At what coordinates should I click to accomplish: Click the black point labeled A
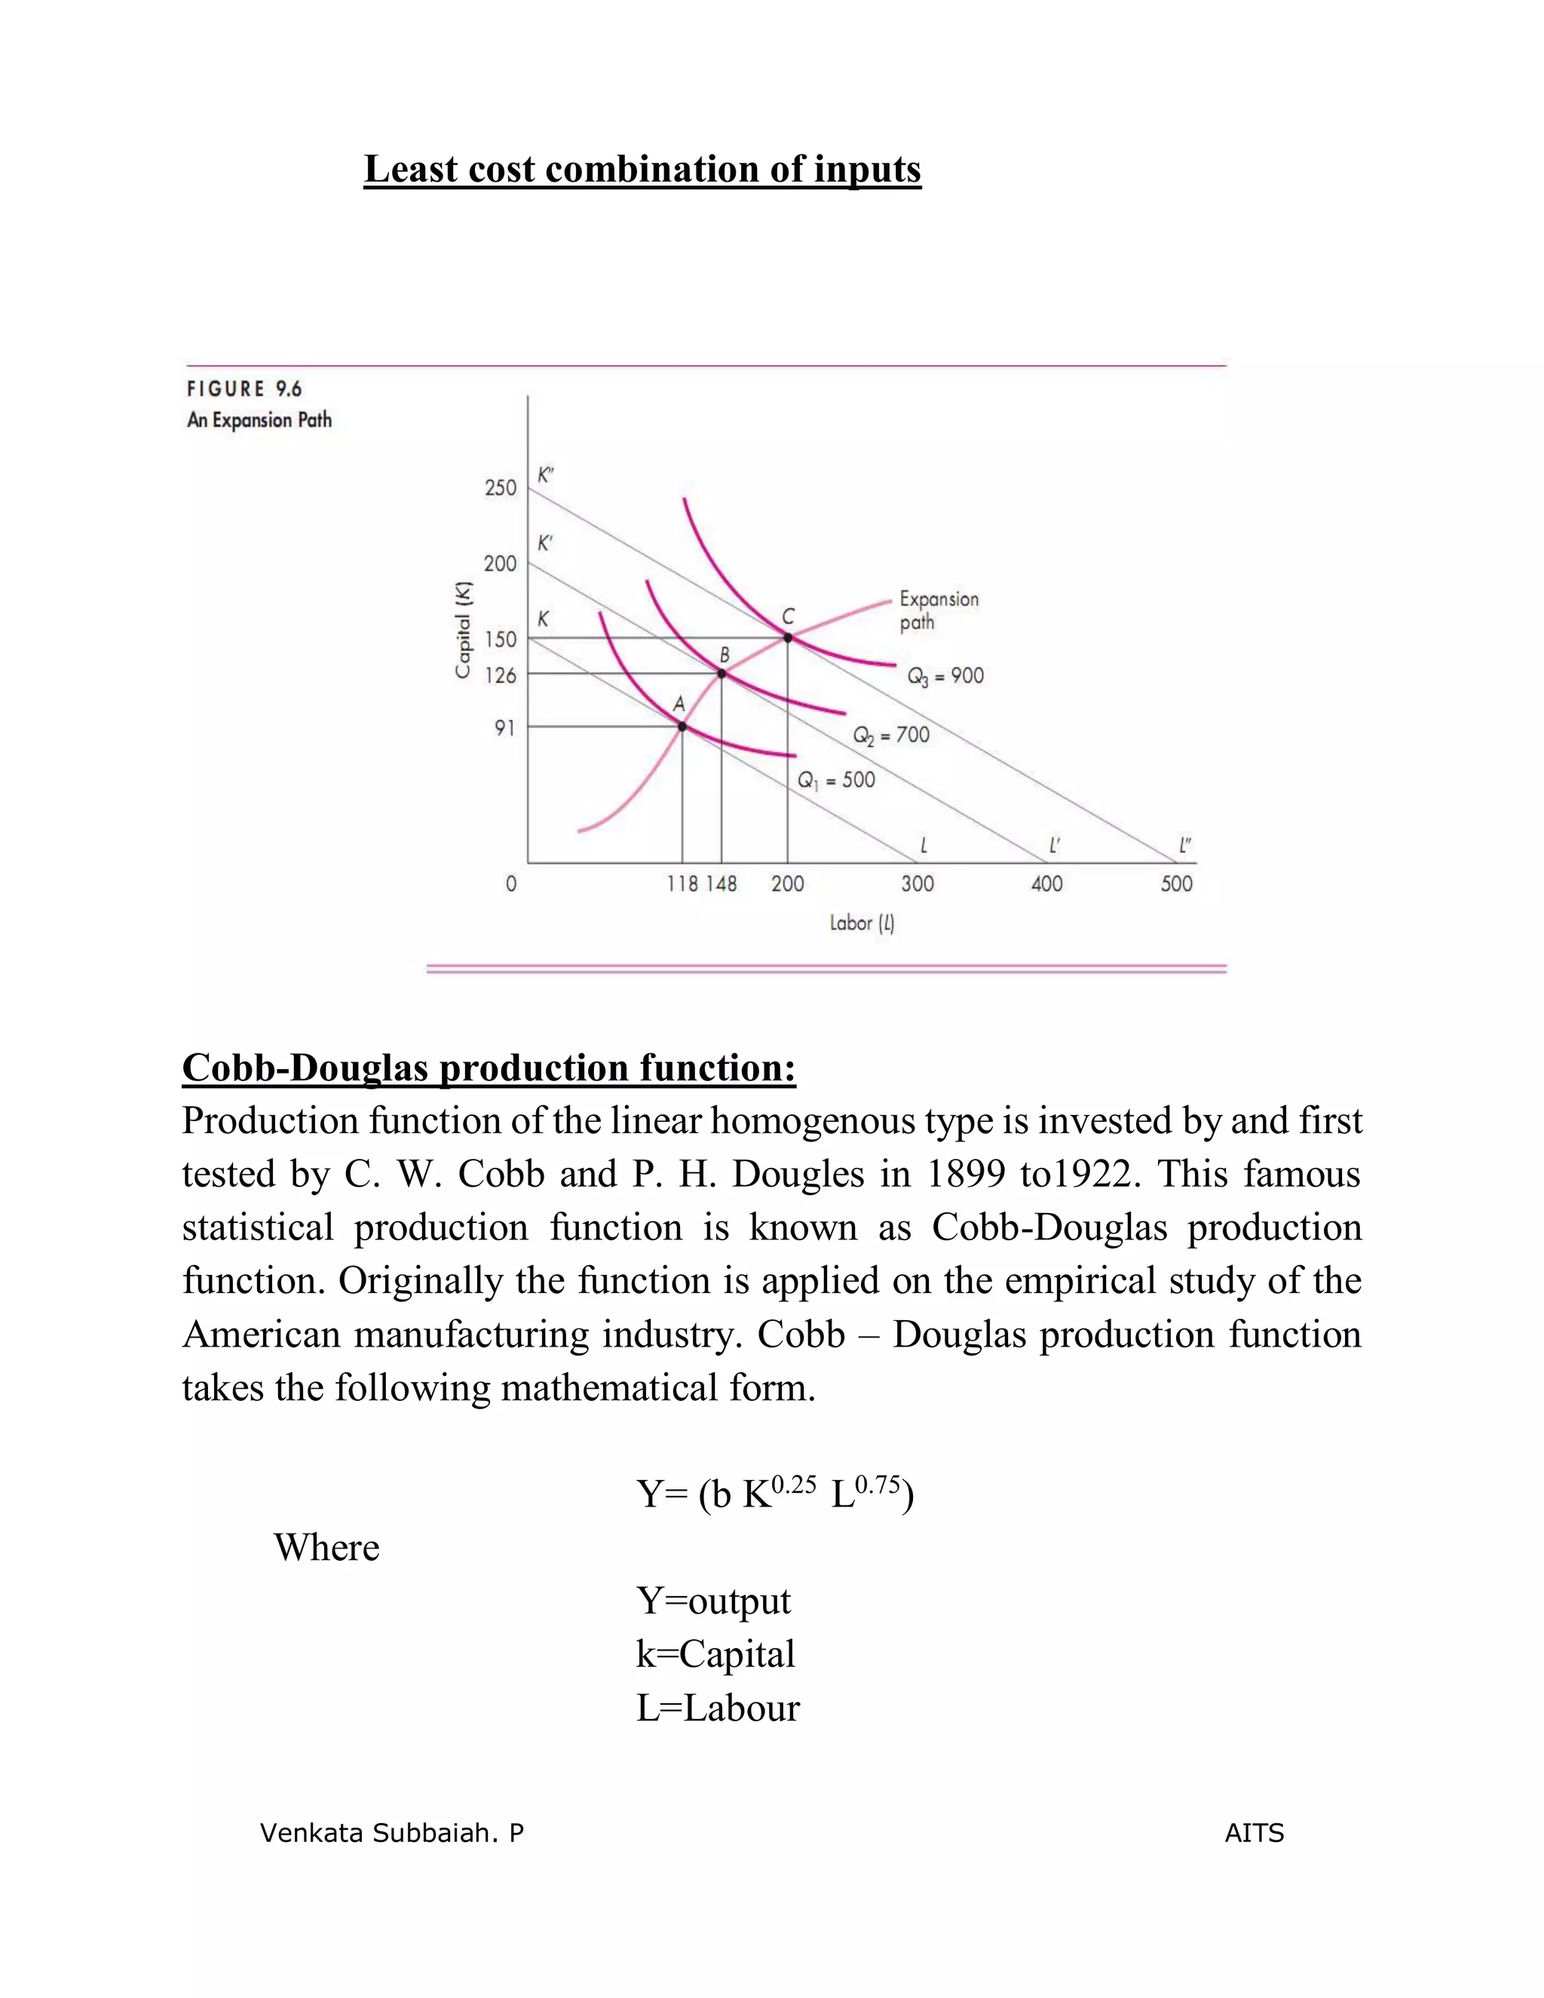click(x=682, y=726)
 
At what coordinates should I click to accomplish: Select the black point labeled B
click(x=721, y=673)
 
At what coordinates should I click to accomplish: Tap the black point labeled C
click(x=788, y=638)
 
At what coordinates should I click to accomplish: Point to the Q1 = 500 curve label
click(x=836, y=780)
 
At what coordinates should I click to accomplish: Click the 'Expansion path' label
click(x=939, y=610)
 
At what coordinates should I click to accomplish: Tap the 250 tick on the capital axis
click(x=501, y=488)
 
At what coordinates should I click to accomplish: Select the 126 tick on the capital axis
click(x=501, y=675)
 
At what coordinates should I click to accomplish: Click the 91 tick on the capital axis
click(x=505, y=728)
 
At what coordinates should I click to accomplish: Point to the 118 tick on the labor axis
click(x=682, y=884)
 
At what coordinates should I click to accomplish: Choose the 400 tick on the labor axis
click(x=1047, y=884)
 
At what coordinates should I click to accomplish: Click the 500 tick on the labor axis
click(x=1177, y=884)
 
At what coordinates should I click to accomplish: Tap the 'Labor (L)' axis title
click(x=862, y=923)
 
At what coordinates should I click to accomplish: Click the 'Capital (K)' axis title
click(x=464, y=630)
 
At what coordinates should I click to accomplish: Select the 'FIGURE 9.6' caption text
click(x=244, y=389)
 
